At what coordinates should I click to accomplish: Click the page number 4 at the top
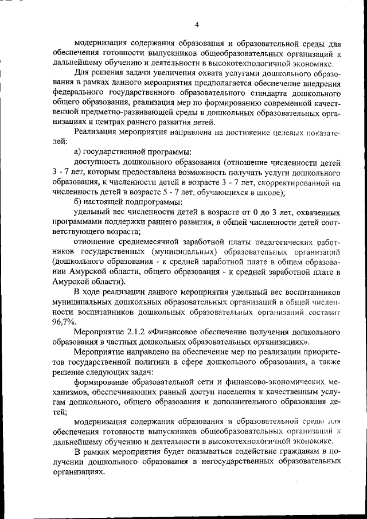tap(196, 24)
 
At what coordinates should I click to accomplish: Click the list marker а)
tap(79, 151)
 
